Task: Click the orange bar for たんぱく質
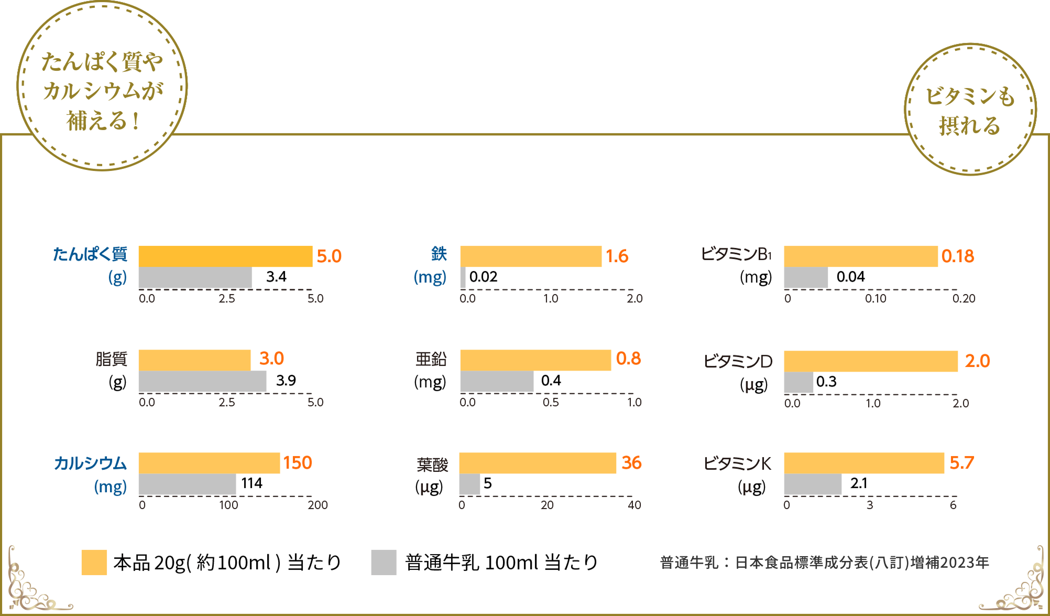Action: (225, 256)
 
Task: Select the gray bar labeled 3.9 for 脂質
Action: (202, 381)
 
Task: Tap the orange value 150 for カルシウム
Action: (298, 462)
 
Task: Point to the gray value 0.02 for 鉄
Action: (483, 277)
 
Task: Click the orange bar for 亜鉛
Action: (535, 360)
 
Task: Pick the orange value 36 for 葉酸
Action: (631, 462)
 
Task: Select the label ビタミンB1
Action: (736, 254)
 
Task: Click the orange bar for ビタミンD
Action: (870, 361)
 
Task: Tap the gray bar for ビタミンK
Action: (813, 484)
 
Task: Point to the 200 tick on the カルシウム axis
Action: (318, 505)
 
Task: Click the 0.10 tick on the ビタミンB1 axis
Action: (876, 298)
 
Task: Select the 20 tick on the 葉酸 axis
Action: (547, 505)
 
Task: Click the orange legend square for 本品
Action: (94, 563)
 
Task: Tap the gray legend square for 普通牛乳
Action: (384, 563)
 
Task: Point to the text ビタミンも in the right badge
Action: (970, 96)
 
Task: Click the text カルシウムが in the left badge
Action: (103, 91)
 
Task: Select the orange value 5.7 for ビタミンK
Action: (961, 462)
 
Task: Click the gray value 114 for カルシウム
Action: (251, 483)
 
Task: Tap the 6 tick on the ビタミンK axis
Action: (953, 505)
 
